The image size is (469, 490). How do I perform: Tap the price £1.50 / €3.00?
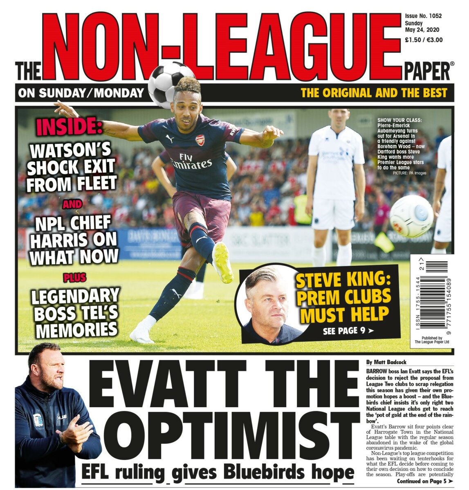click(424, 40)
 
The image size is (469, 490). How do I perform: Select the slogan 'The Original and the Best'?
click(374, 93)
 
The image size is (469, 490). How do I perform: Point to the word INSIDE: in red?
click(69, 127)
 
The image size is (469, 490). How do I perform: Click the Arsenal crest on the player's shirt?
click(200, 140)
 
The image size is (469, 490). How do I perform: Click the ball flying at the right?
click(411, 216)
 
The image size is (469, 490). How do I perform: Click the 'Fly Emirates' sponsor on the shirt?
click(191, 161)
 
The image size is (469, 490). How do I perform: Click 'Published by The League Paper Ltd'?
click(431, 340)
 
